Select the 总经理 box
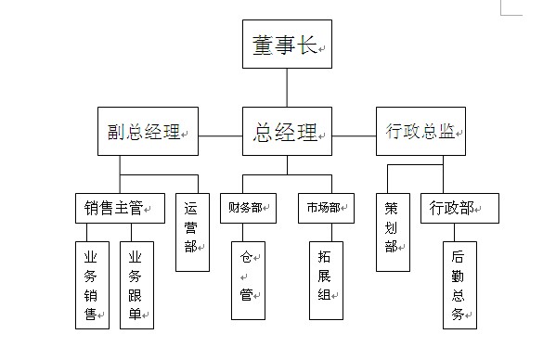[x=287, y=132]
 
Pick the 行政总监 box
[x=421, y=132]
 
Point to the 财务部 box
[x=247, y=208]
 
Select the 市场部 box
[x=325, y=208]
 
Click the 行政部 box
[x=459, y=208]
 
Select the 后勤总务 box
[x=459, y=285]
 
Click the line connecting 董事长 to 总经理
[x=287, y=87]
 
